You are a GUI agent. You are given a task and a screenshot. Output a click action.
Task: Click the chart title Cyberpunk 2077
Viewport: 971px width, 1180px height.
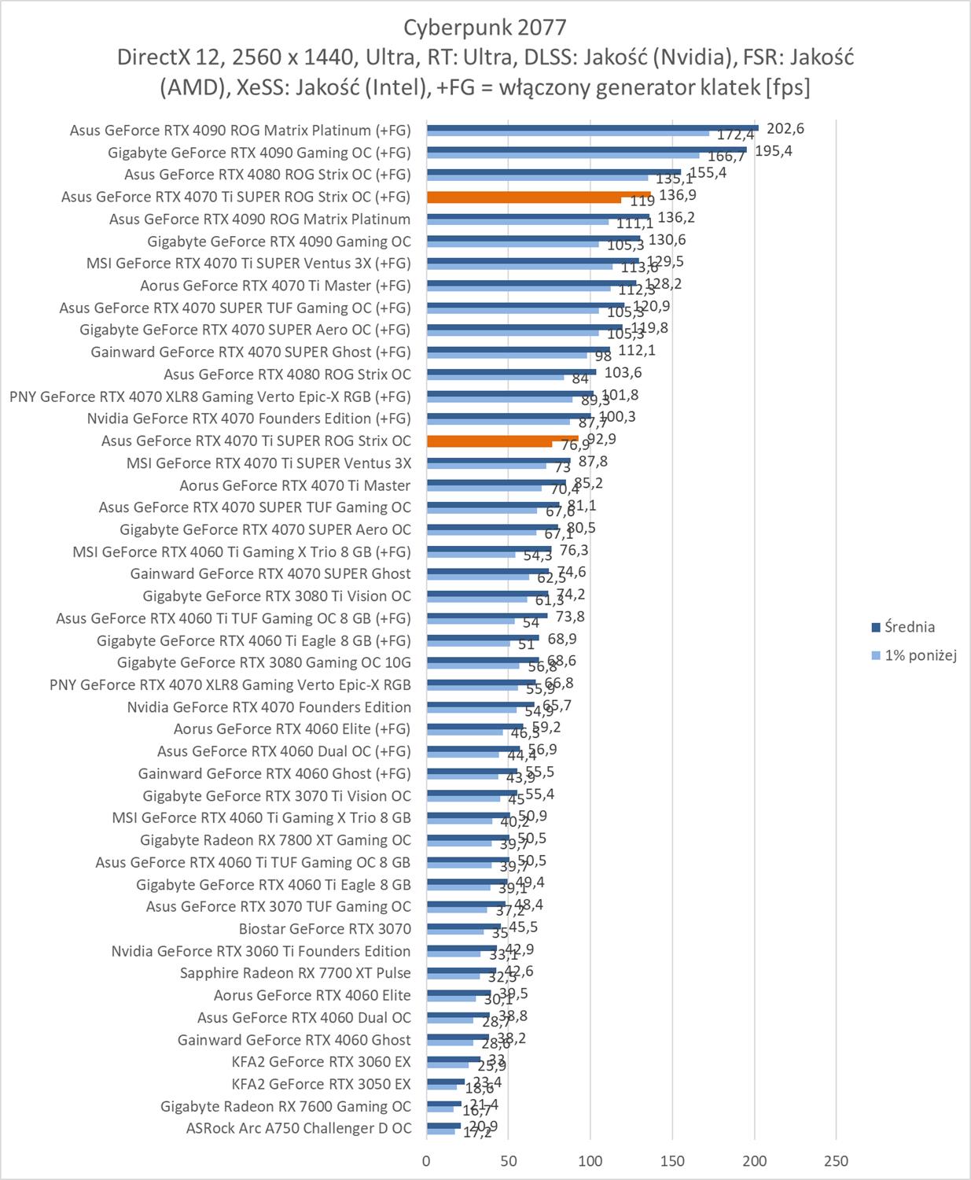[484, 28]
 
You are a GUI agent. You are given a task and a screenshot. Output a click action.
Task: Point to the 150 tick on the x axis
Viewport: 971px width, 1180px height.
[672, 1160]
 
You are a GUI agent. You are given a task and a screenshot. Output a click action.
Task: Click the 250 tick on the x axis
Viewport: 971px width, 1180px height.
[836, 1160]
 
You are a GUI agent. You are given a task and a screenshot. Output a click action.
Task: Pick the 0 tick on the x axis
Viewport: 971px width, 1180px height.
[427, 1160]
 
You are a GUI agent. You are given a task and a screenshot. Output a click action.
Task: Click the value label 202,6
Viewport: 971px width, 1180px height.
[785, 129]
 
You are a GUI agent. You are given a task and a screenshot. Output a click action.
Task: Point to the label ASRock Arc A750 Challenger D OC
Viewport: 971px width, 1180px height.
[299, 1128]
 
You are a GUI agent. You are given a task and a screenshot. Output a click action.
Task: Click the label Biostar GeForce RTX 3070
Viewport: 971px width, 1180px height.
[325, 928]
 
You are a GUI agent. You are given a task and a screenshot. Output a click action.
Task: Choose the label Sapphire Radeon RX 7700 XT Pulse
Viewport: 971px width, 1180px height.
[295, 973]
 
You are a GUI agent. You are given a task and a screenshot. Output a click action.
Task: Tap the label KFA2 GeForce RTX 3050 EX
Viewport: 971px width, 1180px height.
[321, 1084]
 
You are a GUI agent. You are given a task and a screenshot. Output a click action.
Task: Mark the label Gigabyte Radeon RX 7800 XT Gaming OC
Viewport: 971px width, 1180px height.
[275, 840]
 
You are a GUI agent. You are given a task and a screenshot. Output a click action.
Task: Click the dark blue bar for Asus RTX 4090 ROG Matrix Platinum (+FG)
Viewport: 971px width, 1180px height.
[592, 127]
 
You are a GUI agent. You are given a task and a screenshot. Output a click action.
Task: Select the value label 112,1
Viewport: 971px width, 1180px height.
[637, 351]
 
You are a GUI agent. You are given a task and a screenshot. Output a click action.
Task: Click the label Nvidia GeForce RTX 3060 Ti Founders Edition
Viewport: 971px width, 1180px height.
[261, 951]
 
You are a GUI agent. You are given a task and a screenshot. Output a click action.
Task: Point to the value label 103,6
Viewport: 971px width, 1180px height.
[623, 373]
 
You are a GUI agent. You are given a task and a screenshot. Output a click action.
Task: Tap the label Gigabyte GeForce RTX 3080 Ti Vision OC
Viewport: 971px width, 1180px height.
[277, 596]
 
